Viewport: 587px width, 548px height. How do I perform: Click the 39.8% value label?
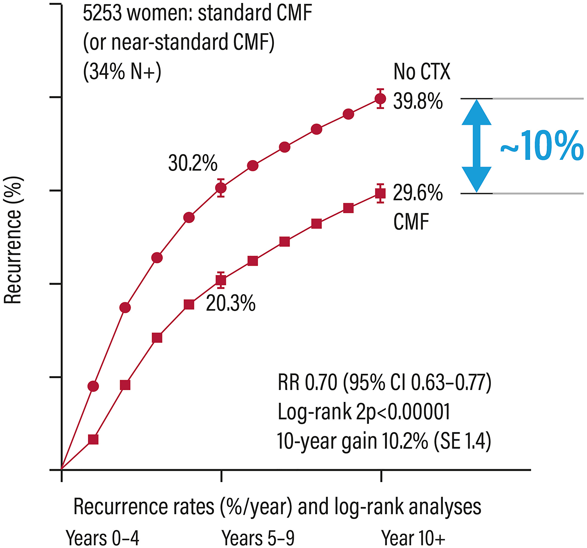418,101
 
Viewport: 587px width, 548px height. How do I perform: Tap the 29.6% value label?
418,194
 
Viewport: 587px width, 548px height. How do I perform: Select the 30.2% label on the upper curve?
193,163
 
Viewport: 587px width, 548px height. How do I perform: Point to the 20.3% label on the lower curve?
231,303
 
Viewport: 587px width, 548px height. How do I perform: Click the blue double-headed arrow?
476,146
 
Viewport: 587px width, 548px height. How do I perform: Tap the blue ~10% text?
542,146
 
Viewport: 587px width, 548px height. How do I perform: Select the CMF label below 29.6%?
411,222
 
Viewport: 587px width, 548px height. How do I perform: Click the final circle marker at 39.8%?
380,99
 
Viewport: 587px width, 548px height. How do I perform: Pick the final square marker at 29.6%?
380,194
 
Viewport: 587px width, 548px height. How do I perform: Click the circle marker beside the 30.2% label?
221,188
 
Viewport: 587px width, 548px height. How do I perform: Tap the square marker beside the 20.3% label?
221,280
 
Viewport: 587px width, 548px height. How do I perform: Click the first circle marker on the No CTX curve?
93,386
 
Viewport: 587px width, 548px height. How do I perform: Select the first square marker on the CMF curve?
93,440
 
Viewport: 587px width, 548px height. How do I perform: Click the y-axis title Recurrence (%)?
13,240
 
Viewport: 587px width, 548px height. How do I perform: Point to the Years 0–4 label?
102,538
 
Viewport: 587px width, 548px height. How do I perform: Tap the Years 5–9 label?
258,538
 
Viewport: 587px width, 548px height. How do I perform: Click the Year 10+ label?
413,538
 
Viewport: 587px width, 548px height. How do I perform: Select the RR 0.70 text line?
384,382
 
